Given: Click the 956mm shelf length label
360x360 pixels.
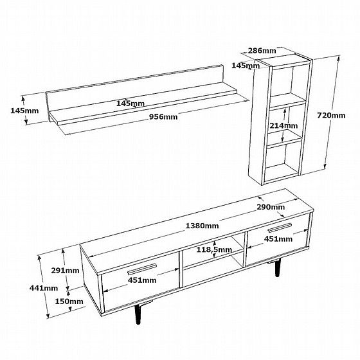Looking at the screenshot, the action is click(163, 117).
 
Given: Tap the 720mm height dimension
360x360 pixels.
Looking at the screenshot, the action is click(331, 115).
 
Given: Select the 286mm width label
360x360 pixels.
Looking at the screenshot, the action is click(262, 51).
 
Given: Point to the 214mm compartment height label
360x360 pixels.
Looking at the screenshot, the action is click(283, 125).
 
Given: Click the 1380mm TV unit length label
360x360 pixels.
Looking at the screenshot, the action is click(202, 226).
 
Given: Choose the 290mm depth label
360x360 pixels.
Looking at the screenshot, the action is click(271, 207).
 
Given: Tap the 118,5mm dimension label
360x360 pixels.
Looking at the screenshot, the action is click(214, 249).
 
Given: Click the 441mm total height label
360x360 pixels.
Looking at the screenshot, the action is click(44, 288).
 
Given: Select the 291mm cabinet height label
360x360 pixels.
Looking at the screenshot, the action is click(65, 271).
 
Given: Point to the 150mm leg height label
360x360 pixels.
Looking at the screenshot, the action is click(69, 301).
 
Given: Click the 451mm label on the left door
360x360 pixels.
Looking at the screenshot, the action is click(142, 280).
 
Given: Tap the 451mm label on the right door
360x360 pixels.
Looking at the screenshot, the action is click(278, 239).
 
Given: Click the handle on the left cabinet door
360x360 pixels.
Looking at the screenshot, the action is click(142, 269).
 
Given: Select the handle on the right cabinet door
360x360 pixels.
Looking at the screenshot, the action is click(280, 228).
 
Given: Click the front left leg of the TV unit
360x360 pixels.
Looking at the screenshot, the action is click(138, 314).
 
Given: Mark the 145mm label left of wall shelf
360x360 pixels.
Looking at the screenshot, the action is click(24, 111).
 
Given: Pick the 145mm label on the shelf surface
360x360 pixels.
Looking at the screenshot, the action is click(130, 104).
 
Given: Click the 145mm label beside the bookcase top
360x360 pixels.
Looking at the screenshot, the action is click(246, 66).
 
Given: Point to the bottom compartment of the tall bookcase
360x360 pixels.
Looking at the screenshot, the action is click(283, 162).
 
